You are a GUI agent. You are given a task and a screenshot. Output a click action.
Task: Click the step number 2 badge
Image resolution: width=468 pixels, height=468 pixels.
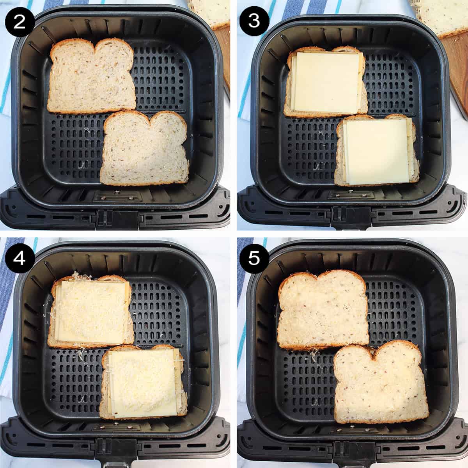click(x=19, y=20)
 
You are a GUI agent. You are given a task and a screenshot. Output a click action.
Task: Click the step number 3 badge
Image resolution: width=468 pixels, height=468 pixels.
click(x=254, y=20)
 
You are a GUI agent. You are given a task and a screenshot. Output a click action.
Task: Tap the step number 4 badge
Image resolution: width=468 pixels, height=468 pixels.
click(x=19, y=258)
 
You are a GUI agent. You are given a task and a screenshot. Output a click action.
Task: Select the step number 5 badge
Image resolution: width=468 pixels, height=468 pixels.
click(x=254, y=258)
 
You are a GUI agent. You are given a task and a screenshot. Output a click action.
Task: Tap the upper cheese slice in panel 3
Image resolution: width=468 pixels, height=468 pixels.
click(x=326, y=82)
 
